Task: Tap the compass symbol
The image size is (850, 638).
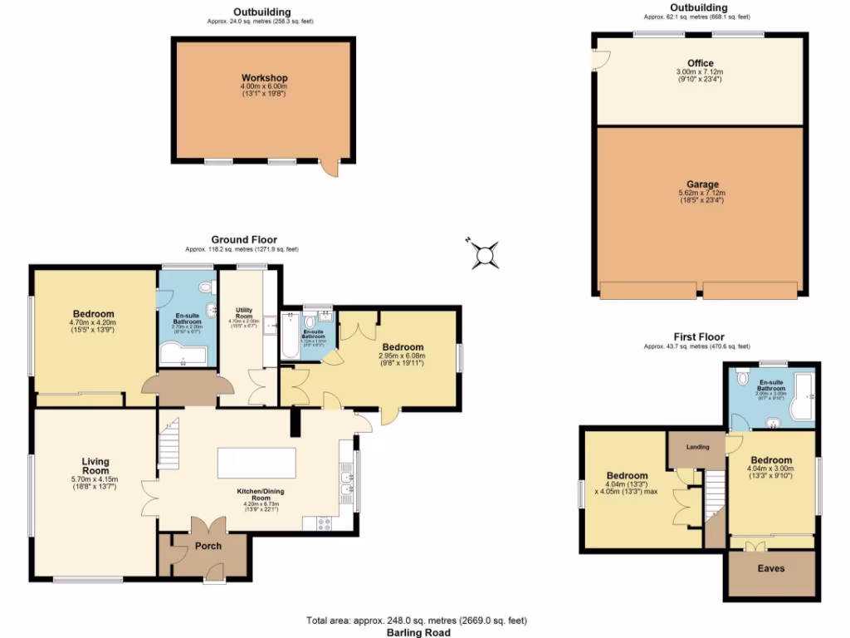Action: click(x=484, y=254)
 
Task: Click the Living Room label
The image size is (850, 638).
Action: click(x=95, y=467)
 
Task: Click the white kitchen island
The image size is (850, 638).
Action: click(x=256, y=463)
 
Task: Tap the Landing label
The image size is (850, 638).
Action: click(x=697, y=447)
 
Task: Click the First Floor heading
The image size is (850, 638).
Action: click(x=696, y=336)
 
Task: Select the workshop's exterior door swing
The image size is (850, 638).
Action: click(x=330, y=169)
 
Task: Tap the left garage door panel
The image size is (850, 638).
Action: click(x=647, y=289)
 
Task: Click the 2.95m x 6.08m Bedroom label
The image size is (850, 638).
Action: click(x=403, y=347)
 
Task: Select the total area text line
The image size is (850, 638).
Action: click(x=416, y=621)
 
